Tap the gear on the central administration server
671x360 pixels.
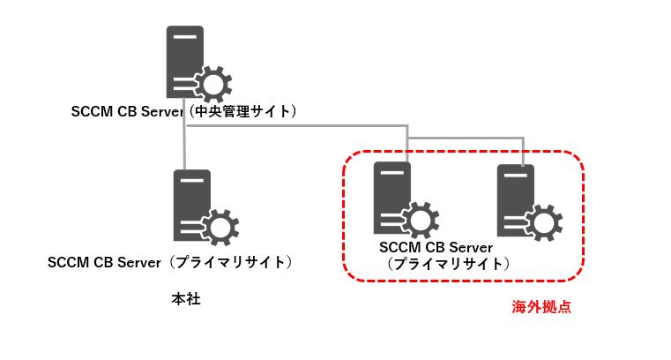click(212, 85)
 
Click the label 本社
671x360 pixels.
click(186, 300)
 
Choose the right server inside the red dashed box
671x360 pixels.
click(517, 199)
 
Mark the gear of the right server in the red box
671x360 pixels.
click(541, 221)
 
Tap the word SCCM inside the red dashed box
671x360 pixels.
click(399, 249)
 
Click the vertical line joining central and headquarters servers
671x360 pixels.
click(184, 146)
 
